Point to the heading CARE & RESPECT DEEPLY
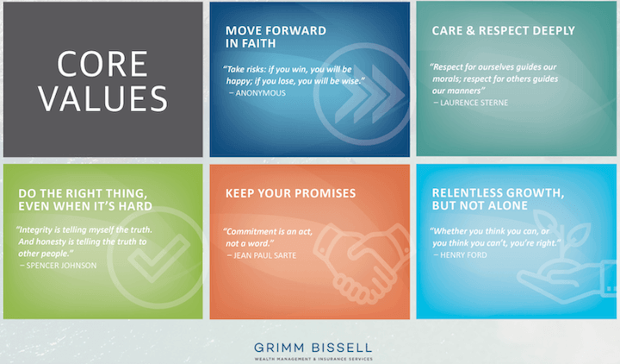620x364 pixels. [503, 30]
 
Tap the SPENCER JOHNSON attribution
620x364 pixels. [61, 265]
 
